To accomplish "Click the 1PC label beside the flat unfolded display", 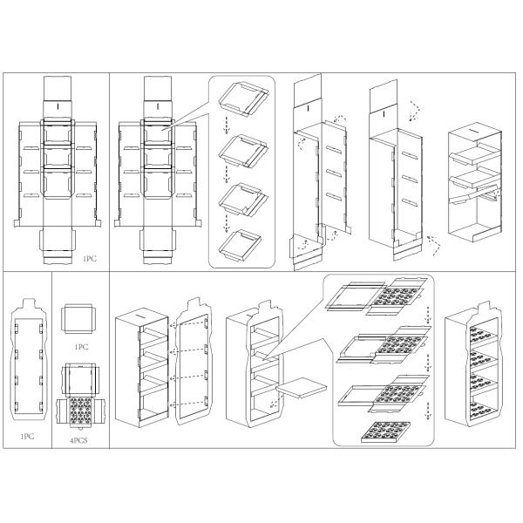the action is click(90, 259).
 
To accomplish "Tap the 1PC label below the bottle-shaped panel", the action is click(27, 437).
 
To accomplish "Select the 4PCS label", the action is click(78, 440).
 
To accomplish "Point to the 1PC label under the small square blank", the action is click(81, 347).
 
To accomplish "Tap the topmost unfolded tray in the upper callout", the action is click(243, 98).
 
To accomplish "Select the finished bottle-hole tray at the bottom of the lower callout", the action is click(386, 432).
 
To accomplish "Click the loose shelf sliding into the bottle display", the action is click(302, 387).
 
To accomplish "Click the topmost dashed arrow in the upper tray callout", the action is click(226, 125).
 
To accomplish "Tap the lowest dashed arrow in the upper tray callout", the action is click(226, 223).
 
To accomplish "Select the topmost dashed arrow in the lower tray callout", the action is click(426, 314).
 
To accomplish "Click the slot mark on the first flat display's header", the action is click(58, 106).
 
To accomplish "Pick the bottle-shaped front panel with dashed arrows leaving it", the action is click(194, 362).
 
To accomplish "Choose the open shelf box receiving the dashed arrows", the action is click(142, 368).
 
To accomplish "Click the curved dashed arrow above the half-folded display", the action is click(340, 119).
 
